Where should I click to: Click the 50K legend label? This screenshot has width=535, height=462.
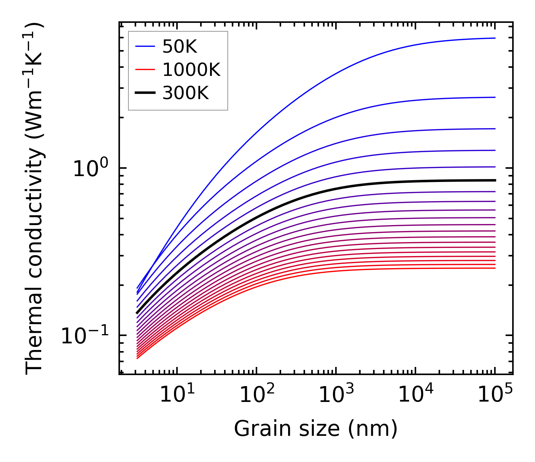[180, 46]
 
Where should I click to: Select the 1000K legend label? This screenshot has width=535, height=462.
[191, 69]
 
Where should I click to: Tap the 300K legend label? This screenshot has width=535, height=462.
[185, 93]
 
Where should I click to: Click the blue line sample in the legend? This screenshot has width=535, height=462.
[145, 46]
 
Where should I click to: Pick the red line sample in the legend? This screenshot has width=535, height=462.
[145, 70]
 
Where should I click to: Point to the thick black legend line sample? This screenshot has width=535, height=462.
[145, 93]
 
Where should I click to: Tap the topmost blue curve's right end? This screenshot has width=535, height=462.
[495, 38]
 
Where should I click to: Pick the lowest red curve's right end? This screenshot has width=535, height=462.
[495, 268]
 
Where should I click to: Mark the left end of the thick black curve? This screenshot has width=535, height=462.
[137, 313]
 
